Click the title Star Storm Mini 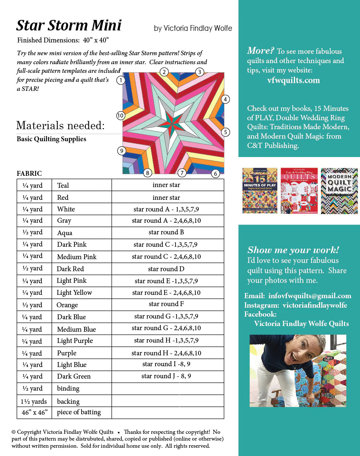(69, 26)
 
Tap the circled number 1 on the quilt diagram (120, 80)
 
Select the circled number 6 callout (215, 174)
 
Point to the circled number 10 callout (120, 116)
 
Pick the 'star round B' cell (166, 232)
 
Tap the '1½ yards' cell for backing (34, 401)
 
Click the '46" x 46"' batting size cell (34, 412)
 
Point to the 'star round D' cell (166, 269)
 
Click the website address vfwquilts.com (293, 80)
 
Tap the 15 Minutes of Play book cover (260, 191)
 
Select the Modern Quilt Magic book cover (339, 191)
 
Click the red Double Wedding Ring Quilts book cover (299, 191)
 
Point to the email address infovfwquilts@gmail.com (310, 296)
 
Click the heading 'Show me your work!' (293, 250)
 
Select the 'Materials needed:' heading (61, 125)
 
